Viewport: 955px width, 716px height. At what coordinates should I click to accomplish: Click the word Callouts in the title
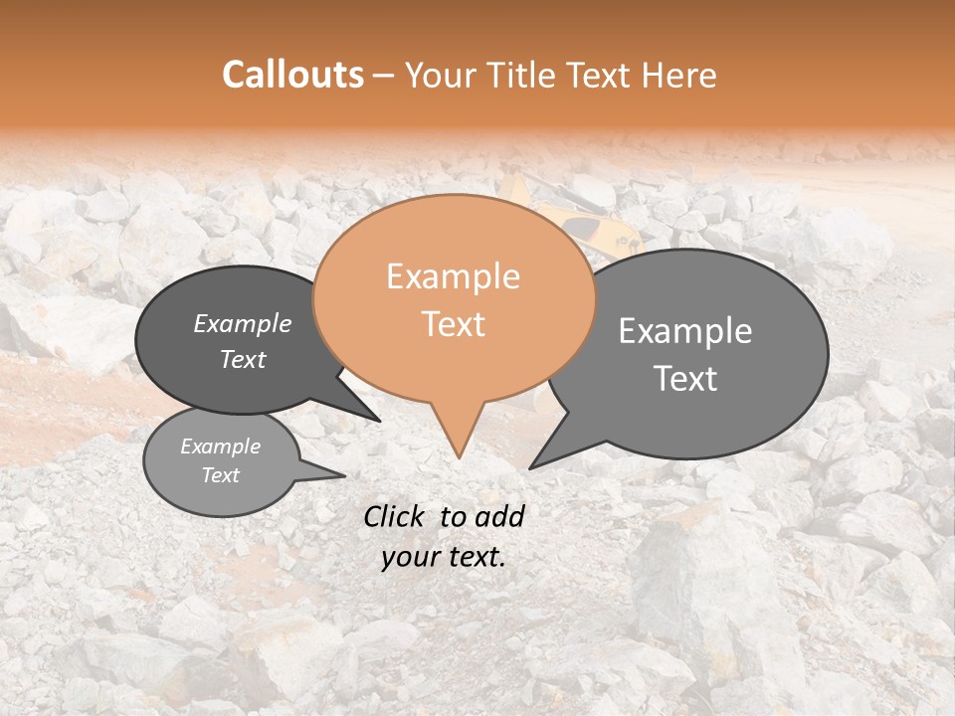click(x=292, y=75)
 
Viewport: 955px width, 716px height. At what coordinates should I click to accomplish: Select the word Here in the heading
click(x=680, y=76)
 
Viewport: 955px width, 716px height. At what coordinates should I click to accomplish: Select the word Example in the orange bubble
click(x=453, y=276)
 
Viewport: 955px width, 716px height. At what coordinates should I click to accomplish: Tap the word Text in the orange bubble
click(x=453, y=323)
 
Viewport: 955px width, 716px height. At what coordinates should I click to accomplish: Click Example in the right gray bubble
click(x=685, y=331)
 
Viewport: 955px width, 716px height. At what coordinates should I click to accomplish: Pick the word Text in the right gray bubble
click(x=685, y=379)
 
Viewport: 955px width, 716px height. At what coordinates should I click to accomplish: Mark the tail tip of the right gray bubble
click(x=531, y=467)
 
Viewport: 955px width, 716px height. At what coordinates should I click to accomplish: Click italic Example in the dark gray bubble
click(x=243, y=323)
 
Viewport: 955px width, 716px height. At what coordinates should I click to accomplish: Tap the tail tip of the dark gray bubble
click(x=379, y=421)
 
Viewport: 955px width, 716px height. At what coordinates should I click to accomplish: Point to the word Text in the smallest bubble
click(x=220, y=475)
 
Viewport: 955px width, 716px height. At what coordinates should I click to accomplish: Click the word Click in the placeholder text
click(x=395, y=516)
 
